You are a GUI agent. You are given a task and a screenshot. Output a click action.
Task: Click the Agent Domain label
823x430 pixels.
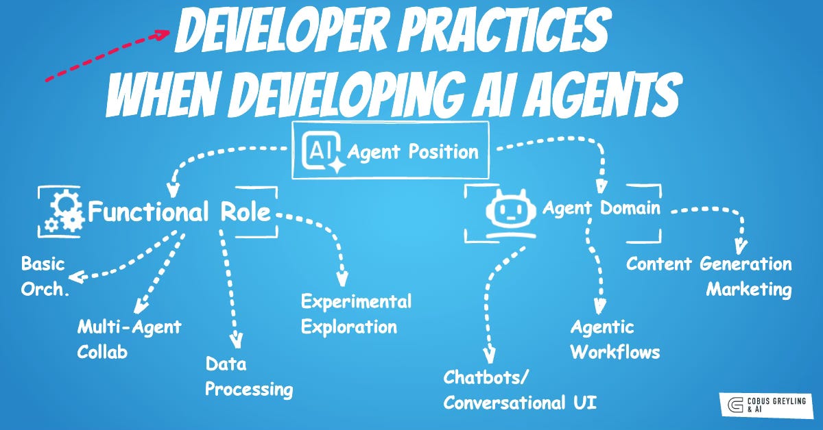coord(601,207)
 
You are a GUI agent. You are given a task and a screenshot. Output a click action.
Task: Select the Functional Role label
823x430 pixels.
coord(180,212)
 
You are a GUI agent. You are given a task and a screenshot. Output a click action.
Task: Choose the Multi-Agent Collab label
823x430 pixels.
coord(129,338)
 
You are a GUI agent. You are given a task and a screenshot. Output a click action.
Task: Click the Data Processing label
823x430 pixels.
coord(249,377)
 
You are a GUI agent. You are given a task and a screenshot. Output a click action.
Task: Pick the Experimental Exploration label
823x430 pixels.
coord(356,314)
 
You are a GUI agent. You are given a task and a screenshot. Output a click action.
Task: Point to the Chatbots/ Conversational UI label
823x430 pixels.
coord(519,390)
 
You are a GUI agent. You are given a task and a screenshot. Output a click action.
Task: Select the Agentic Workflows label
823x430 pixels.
coord(615,340)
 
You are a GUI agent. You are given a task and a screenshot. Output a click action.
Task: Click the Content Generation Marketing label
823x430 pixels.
coord(709,276)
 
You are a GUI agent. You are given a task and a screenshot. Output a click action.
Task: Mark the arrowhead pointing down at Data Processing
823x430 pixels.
coord(237,340)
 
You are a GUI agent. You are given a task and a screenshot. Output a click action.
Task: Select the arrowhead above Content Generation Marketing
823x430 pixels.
coord(739,244)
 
